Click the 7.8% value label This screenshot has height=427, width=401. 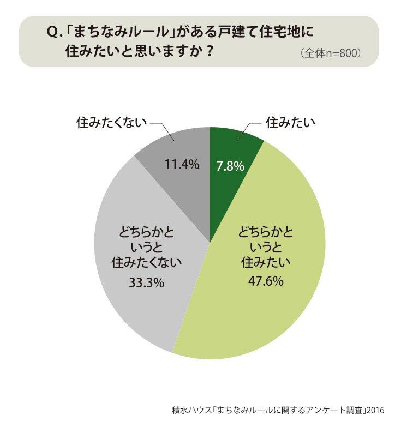(x=230, y=166)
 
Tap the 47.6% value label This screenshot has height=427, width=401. (x=266, y=281)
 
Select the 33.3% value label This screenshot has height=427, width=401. (x=147, y=282)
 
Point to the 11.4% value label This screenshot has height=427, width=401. (x=182, y=164)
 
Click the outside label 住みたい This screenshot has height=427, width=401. (x=290, y=123)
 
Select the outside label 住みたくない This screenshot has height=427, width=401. (x=111, y=123)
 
